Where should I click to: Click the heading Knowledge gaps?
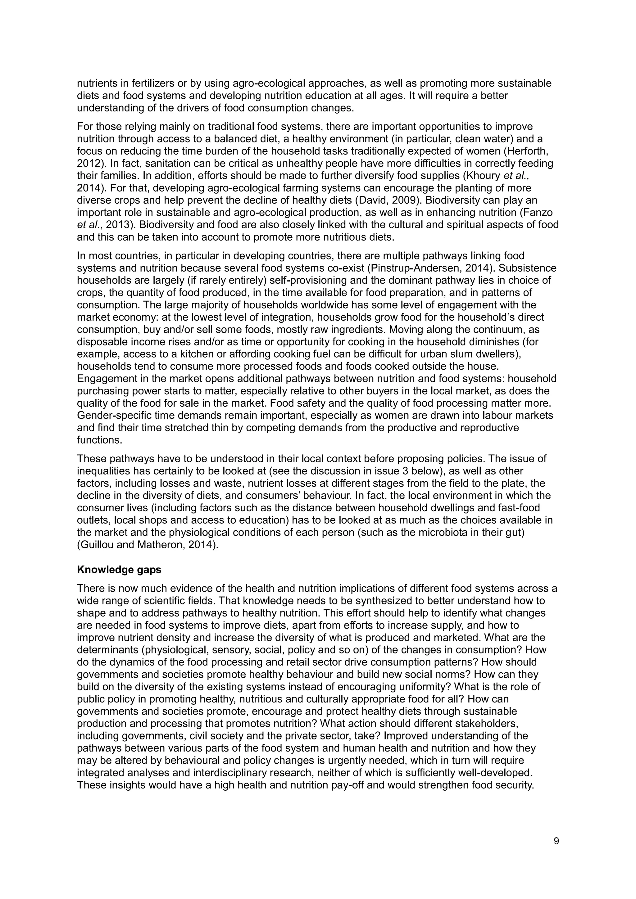click(x=119, y=570)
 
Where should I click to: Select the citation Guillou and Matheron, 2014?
click(x=147, y=545)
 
